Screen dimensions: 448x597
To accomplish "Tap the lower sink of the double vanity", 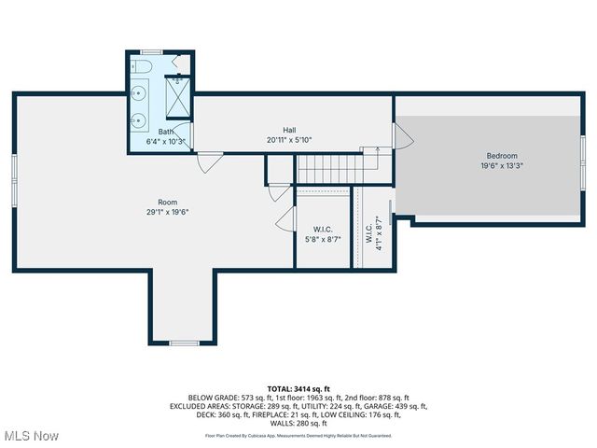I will (139, 119).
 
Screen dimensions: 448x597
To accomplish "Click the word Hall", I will (290, 130).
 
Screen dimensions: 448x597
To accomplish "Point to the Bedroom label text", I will (501, 156).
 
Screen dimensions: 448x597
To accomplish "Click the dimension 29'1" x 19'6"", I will (167, 212).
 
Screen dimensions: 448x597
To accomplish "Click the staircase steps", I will (336, 169).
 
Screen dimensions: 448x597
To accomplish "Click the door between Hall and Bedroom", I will (403, 138).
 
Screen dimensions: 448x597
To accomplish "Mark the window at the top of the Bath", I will (151, 51).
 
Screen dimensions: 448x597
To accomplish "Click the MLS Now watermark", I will (31, 436).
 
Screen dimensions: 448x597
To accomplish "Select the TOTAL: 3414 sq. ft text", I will (298, 388).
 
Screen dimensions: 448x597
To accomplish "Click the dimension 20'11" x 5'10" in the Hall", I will (289, 140).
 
